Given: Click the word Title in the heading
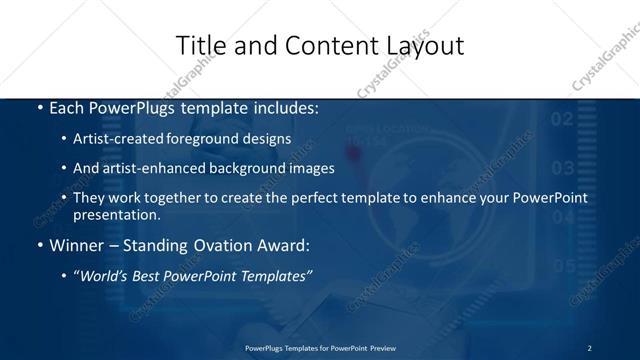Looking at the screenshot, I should tap(198, 46).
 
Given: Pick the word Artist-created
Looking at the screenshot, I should tap(120, 140).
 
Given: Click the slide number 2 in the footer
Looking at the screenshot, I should tap(589, 348).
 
